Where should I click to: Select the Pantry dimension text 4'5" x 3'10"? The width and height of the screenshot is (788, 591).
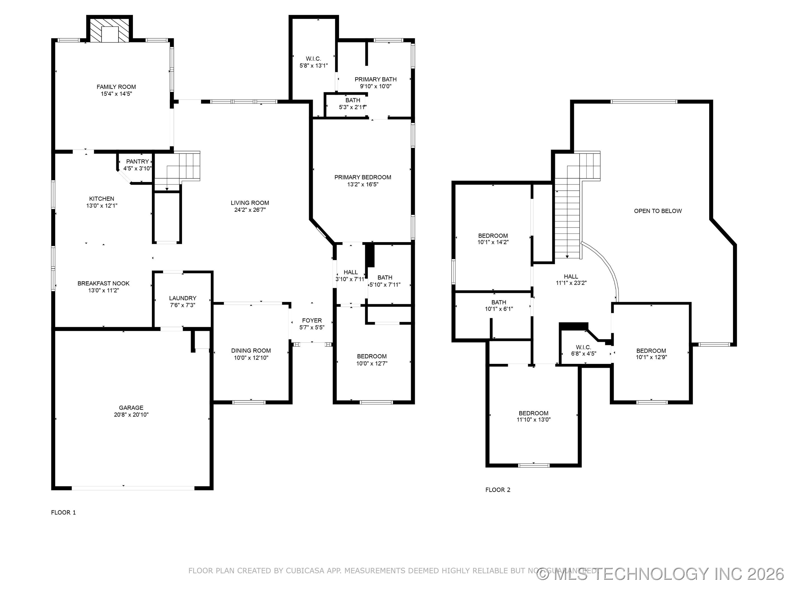[x=138, y=169]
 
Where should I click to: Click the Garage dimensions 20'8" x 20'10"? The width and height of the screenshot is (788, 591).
[x=131, y=415]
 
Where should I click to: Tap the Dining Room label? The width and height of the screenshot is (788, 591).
[x=251, y=350]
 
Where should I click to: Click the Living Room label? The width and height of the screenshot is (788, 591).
[x=250, y=203]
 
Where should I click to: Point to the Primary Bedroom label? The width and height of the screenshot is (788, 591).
[x=363, y=177]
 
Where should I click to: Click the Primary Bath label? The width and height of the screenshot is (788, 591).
[x=375, y=79]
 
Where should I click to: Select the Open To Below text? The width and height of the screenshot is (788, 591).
[x=657, y=211]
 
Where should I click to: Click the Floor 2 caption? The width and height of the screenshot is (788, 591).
[x=498, y=490]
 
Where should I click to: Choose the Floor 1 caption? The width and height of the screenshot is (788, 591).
[x=63, y=513]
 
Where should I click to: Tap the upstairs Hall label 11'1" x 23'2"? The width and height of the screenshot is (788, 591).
[x=571, y=276]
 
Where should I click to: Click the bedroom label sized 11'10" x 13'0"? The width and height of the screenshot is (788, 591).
[x=533, y=413]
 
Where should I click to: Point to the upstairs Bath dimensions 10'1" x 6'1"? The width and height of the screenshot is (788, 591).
[x=499, y=309]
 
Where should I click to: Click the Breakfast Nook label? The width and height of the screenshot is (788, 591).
[x=103, y=283]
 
